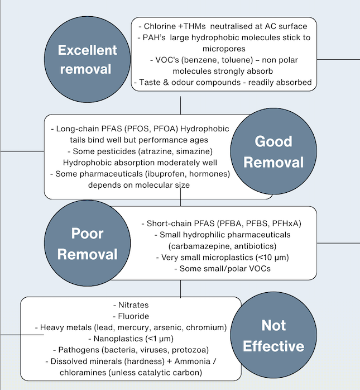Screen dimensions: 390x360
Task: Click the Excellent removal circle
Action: point(88,59)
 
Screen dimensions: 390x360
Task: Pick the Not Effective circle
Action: point(273,336)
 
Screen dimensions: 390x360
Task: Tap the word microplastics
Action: point(229,258)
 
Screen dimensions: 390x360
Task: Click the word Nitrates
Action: point(134,305)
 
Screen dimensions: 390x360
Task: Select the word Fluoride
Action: point(134,316)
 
